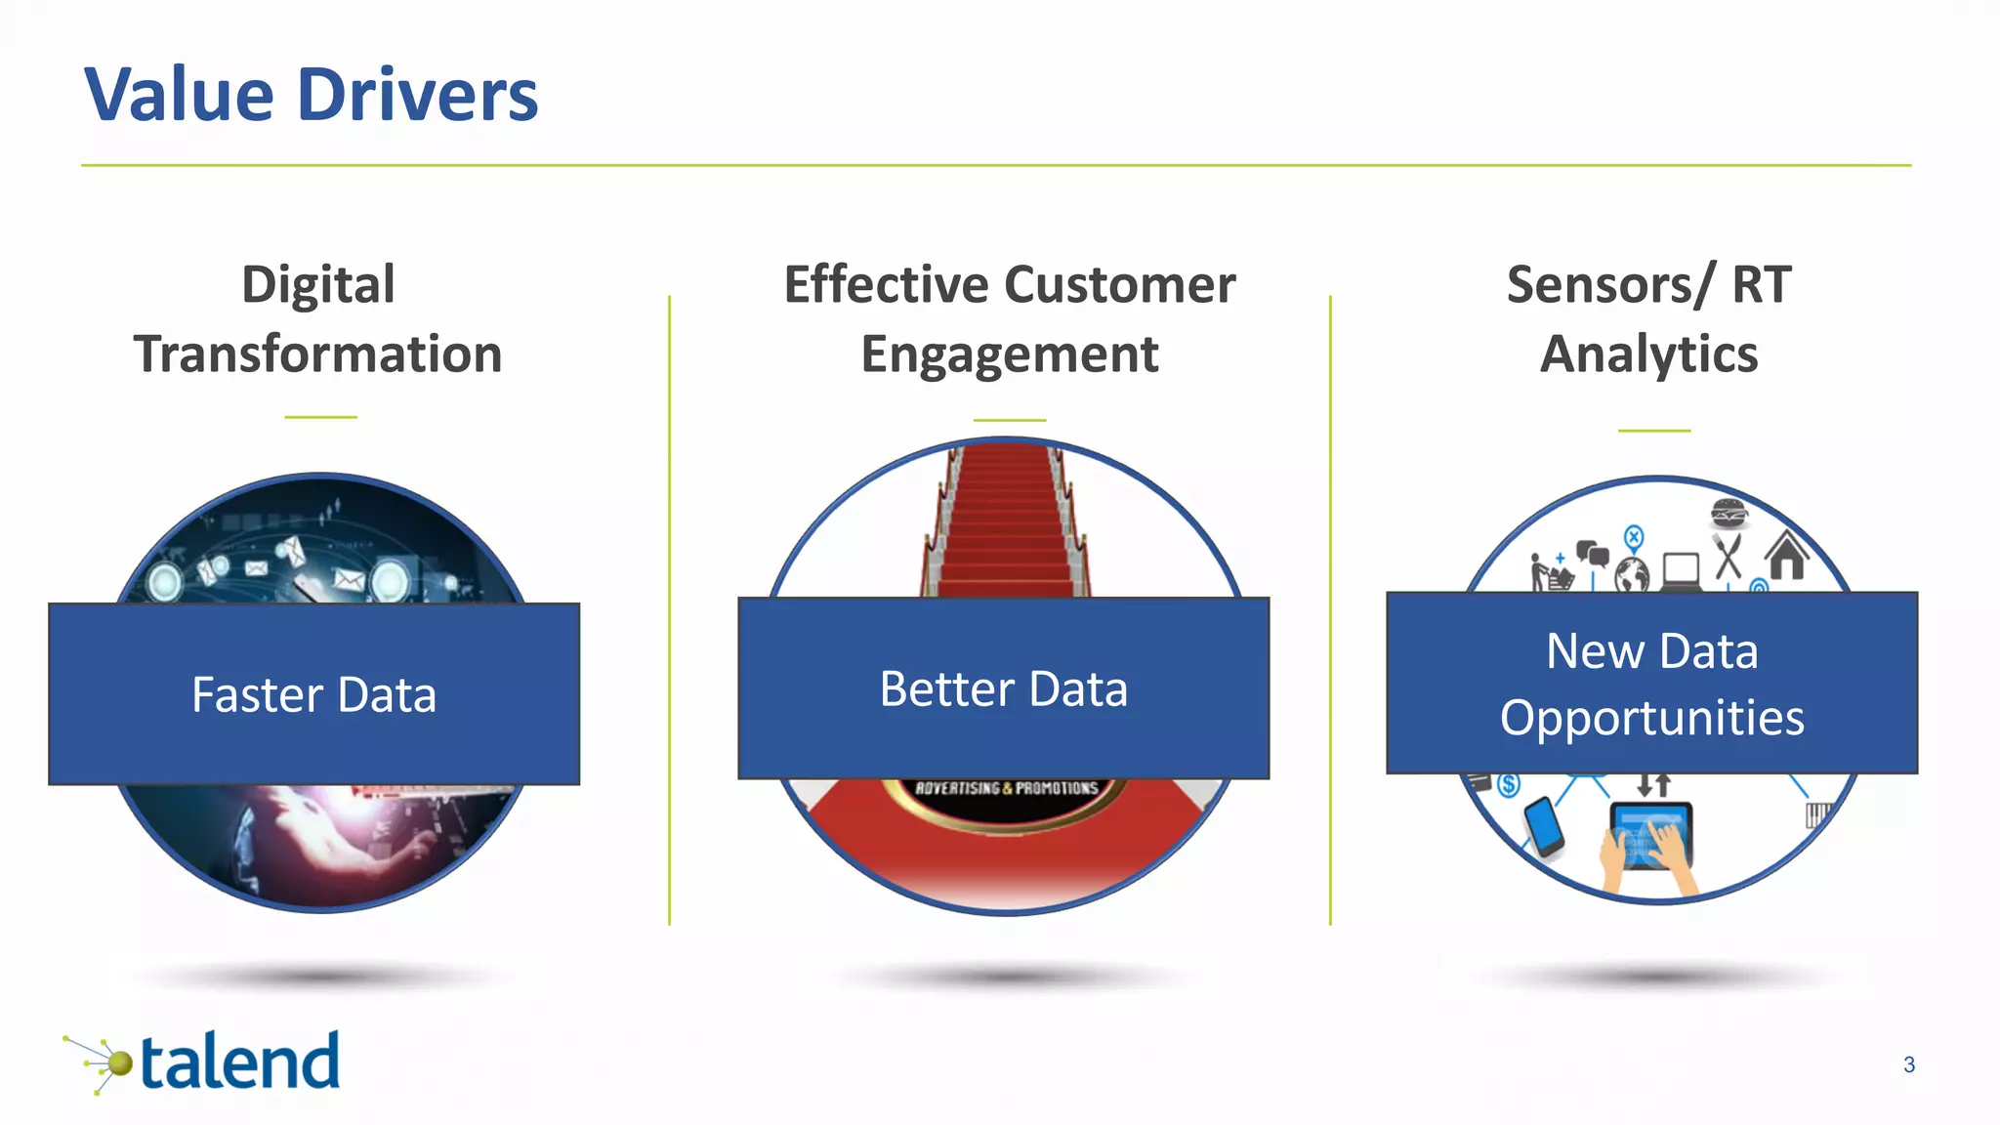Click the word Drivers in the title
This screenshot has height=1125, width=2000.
pyautogui.click(x=417, y=96)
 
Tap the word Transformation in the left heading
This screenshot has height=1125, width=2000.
pyautogui.click(x=318, y=354)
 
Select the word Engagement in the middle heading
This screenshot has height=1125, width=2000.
pyautogui.click(x=1009, y=354)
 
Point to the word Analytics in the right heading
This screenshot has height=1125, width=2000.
pyautogui.click(x=1648, y=354)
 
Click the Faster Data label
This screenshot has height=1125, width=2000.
pyautogui.click(x=313, y=695)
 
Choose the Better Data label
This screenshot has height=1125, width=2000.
pyautogui.click(x=1003, y=689)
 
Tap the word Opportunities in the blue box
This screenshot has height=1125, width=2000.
pyautogui.click(x=1651, y=719)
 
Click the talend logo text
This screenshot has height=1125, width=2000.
pyautogui.click(x=240, y=1062)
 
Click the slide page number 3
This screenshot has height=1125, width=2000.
pyautogui.click(x=1908, y=1064)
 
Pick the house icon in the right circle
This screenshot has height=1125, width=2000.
pyautogui.click(x=1786, y=556)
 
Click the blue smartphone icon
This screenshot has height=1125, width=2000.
pyautogui.click(x=1544, y=826)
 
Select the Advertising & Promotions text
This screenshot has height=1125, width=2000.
pyautogui.click(x=1006, y=788)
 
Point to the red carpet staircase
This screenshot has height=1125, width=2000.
pyautogui.click(x=1005, y=527)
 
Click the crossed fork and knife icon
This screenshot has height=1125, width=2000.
pyautogui.click(x=1728, y=556)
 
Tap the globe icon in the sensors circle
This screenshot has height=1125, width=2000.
pyautogui.click(x=1632, y=574)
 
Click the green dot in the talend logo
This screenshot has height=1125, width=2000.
pyautogui.click(x=119, y=1062)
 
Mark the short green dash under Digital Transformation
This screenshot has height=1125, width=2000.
pyautogui.click(x=320, y=417)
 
